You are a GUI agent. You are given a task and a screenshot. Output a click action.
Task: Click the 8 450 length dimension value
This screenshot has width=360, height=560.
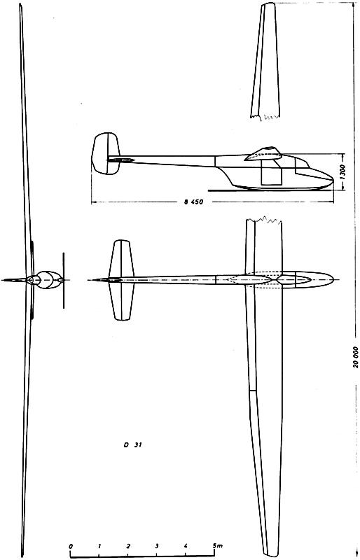click(193, 202)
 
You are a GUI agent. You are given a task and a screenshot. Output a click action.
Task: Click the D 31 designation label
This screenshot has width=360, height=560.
click(133, 445)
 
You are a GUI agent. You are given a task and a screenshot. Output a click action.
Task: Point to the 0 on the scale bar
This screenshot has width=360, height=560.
click(71, 546)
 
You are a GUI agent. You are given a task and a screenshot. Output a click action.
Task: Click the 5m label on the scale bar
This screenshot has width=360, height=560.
click(217, 546)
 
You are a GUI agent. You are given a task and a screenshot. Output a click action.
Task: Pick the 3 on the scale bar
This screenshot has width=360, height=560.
click(157, 546)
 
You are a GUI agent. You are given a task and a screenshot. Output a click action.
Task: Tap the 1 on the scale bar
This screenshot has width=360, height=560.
click(99, 546)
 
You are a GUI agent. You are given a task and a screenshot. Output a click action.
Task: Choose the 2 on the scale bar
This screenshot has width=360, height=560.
click(128, 546)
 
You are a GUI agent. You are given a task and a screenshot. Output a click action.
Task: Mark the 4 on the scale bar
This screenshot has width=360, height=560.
click(186, 546)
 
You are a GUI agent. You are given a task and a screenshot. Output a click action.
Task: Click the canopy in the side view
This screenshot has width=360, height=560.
click(264, 153)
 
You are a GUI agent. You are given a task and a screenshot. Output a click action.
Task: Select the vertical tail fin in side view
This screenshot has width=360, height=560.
click(106, 153)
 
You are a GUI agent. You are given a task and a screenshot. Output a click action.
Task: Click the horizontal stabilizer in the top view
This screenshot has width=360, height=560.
click(122, 280)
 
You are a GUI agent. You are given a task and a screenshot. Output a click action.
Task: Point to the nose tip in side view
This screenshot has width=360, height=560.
click(333, 178)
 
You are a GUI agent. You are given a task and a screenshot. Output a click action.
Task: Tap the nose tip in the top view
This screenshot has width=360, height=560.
click(333, 279)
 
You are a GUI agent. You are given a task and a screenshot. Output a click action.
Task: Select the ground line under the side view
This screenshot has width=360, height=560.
click(270, 190)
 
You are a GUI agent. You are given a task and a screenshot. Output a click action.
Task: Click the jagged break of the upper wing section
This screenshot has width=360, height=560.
click(265, 116)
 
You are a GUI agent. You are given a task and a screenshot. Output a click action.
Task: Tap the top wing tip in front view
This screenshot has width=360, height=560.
click(21, 5)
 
